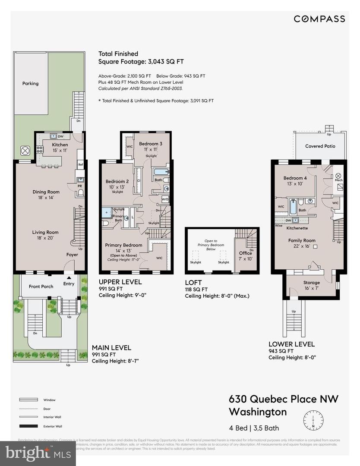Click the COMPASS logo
(319, 19)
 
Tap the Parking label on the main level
(30, 83)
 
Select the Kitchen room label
(60, 145)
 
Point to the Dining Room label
(46, 192)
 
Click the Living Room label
(45, 232)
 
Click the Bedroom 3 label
(151, 144)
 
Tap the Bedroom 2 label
(117, 182)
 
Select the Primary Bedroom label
(123, 245)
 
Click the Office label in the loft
(246, 253)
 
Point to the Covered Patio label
(320, 146)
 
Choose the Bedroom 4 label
(295, 178)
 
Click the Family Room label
(302, 240)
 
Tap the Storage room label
(312, 283)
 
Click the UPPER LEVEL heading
(120, 282)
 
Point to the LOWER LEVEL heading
(291, 344)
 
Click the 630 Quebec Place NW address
(284, 399)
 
